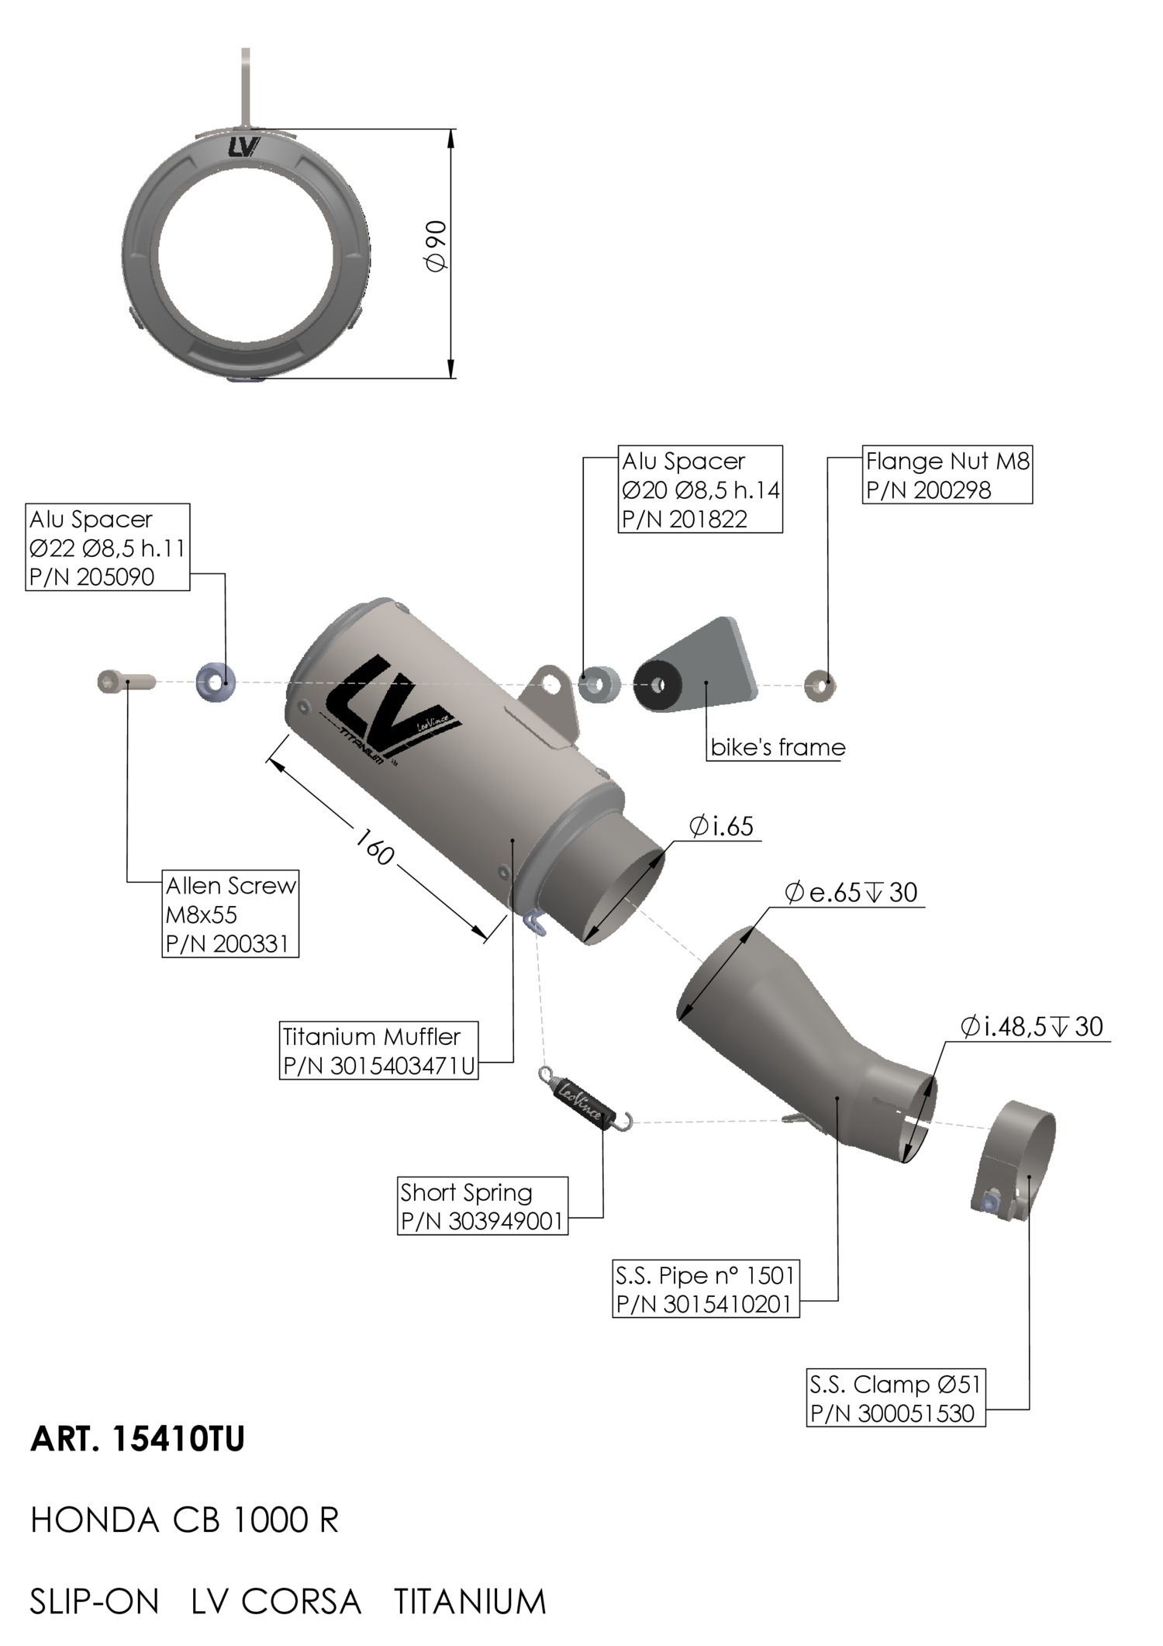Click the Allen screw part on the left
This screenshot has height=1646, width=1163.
pyautogui.click(x=126, y=682)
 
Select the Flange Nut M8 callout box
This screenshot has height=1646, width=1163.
pyautogui.click(x=947, y=475)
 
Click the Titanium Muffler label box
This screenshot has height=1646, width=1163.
pyautogui.click(x=378, y=1050)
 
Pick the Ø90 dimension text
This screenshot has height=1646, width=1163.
pyautogui.click(x=436, y=246)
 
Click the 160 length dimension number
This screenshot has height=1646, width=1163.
pyautogui.click(x=374, y=846)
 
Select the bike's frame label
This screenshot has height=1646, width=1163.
pyautogui.click(x=778, y=747)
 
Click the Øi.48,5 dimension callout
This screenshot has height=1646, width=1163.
pyautogui.click(x=1031, y=1026)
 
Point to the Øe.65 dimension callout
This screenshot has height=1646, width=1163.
pyautogui.click(x=851, y=892)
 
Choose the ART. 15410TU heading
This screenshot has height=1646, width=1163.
pyautogui.click(x=137, y=1440)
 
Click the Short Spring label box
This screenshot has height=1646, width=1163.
pyautogui.click(x=482, y=1205)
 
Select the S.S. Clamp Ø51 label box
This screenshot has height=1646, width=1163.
pyautogui.click(x=896, y=1398)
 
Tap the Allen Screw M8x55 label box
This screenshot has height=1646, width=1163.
pyautogui.click(x=230, y=914)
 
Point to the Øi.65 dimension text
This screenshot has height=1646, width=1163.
pyautogui.click(x=721, y=826)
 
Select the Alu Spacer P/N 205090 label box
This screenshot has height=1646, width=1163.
pyautogui.click(x=107, y=548)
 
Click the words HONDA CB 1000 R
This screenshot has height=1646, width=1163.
pyautogui.click(x=185, y=1520)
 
